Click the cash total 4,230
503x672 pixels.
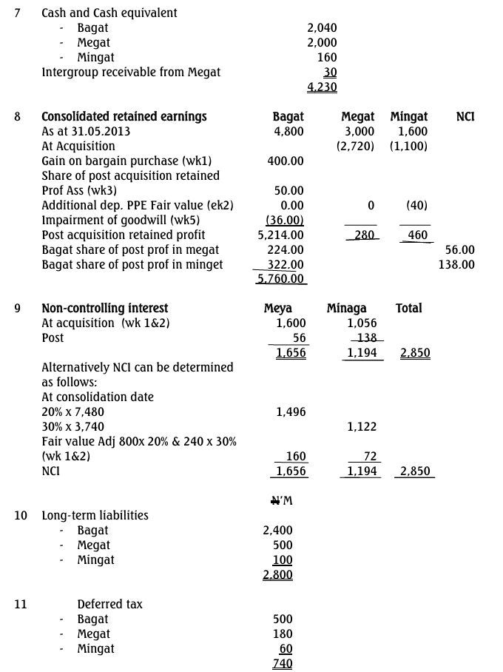pos(322,87)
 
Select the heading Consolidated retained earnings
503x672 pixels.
pos(124,116)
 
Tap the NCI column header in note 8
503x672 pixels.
pos(465,116)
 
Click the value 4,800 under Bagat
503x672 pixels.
pos(288,131)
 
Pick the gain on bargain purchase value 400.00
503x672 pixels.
pos(286,161)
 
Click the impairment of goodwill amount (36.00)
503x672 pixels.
pos(285,220)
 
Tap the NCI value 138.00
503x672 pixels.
pos(456,264)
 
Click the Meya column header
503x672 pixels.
pos(278,308)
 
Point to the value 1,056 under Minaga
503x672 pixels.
pos(362,323)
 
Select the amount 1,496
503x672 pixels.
pos(291,411)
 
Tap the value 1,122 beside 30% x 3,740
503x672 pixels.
pos(362,426)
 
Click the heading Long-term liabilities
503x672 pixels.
pos(95,515)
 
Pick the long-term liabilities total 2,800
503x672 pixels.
pos(277,574)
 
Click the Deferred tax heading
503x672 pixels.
pos(109,604)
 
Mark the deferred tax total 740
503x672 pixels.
pos(283,663)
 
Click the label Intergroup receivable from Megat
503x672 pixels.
pos(131,72)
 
